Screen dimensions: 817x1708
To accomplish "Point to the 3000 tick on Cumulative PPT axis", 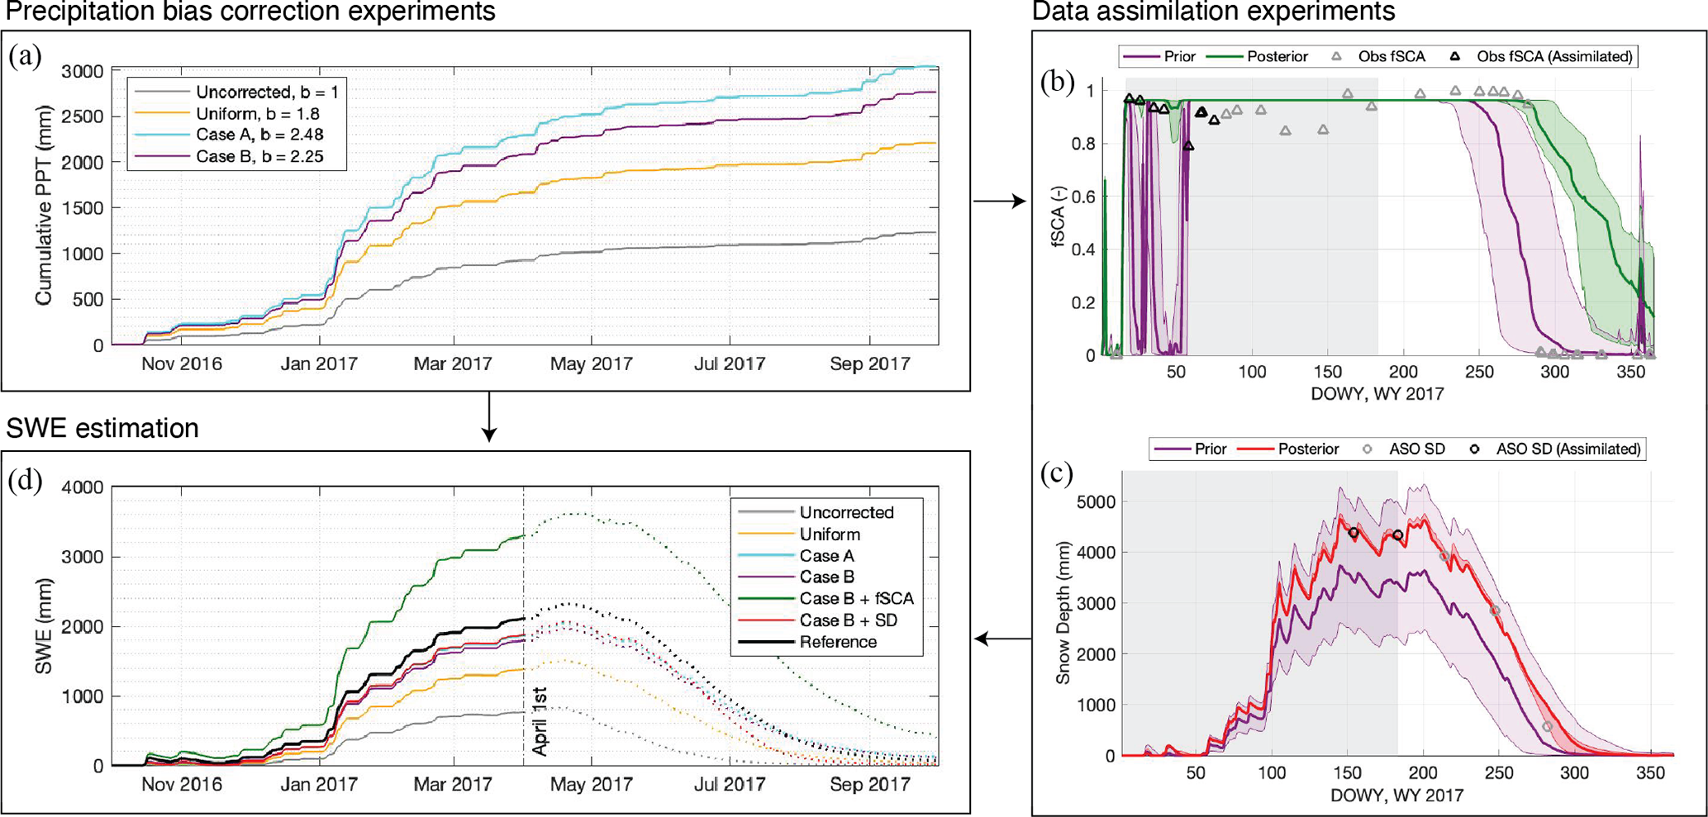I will [83, 71].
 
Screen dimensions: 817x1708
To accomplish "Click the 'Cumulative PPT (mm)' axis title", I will [44, 206].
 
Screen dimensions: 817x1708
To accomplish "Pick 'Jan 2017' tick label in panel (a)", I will [319, 364].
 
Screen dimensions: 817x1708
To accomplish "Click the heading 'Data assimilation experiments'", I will [1213, 12].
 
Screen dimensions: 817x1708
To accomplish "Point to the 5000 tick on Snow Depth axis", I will [1097, 501].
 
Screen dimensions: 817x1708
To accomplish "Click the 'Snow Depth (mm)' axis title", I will [1063, 612].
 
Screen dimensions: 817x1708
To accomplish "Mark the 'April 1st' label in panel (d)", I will [540, 720].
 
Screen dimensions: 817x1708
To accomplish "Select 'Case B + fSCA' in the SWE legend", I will [856, 598].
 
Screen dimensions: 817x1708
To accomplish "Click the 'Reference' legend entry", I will [838, 642].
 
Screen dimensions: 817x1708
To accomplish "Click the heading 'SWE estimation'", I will [102, 428].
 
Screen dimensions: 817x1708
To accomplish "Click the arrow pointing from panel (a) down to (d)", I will [489, 416].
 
